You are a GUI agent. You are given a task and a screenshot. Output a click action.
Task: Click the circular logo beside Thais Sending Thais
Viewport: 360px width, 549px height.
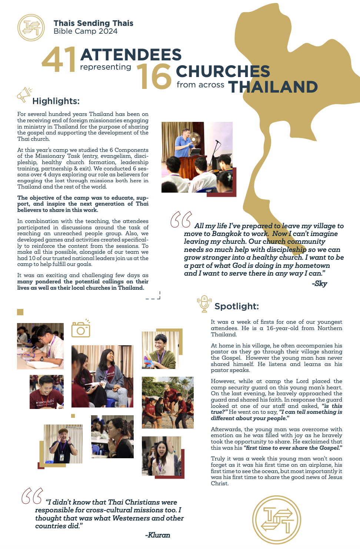click(x=31, y=28)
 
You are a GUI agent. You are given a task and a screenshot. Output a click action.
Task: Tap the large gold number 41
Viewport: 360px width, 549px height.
click(x=59, y=60)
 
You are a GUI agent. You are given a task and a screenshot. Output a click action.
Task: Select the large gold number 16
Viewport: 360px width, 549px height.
click(x=154, y=77)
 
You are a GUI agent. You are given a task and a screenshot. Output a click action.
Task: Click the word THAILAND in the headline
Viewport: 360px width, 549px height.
click(x=273, y=87)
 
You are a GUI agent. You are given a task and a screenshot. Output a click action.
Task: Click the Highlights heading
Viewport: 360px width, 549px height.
click(x=56, y=101)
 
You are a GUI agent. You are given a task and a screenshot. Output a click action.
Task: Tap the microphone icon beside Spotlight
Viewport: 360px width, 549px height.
click(x=204, y=303)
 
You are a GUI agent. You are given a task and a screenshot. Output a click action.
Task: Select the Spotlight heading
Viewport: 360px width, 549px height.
click(x=237, y=306)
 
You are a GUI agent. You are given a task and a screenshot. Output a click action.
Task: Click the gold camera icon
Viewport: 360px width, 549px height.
click(x=81, y=329)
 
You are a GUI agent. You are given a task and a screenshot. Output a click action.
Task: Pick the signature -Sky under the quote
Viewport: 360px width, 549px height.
click(x=319, y=284)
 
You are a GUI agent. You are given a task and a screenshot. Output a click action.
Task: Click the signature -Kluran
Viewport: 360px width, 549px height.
click(x=158, y=535)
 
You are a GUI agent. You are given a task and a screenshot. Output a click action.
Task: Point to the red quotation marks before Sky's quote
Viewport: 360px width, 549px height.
click(x=181, y=220)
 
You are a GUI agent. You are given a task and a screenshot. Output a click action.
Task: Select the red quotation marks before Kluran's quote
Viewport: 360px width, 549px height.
click(x=32, y=496)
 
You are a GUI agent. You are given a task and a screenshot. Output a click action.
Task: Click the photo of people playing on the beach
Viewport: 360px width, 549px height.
click(x=167, y=403)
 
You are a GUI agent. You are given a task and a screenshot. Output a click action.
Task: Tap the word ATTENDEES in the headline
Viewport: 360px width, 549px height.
click(x=131, y=55)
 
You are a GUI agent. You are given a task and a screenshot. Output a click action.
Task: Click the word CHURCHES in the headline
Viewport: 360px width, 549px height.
click(x=223, y=71)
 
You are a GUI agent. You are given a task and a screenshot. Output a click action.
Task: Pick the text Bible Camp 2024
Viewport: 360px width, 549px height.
click(x=86, y=31)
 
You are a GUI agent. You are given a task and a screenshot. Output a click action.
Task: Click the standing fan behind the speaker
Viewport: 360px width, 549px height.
click(x=195, y=140)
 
